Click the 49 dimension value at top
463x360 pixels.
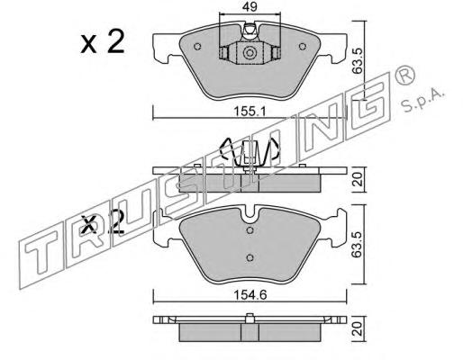pyautogui.click(x=250, y=6)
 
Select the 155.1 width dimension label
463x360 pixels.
pyautogui.click(x=250, y=112)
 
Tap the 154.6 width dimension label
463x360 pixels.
pyautogui.click(x=250, y=295)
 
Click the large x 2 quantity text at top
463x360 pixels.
pyautogui.click(x=103, y=42)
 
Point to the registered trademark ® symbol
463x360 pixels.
pyautogui.click(x=404, y=76)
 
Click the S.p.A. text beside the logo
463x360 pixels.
pyautogui.click(x=422, y=100)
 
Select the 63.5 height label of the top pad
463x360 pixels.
pyautogui.click(x=358, y=60)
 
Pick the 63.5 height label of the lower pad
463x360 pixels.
pyautogui.click(x=358, y=245)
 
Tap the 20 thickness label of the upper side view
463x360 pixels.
pyautogui.click(x=358, y=179)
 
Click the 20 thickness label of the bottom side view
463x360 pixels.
pyautogui.click(x=358, y=329)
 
